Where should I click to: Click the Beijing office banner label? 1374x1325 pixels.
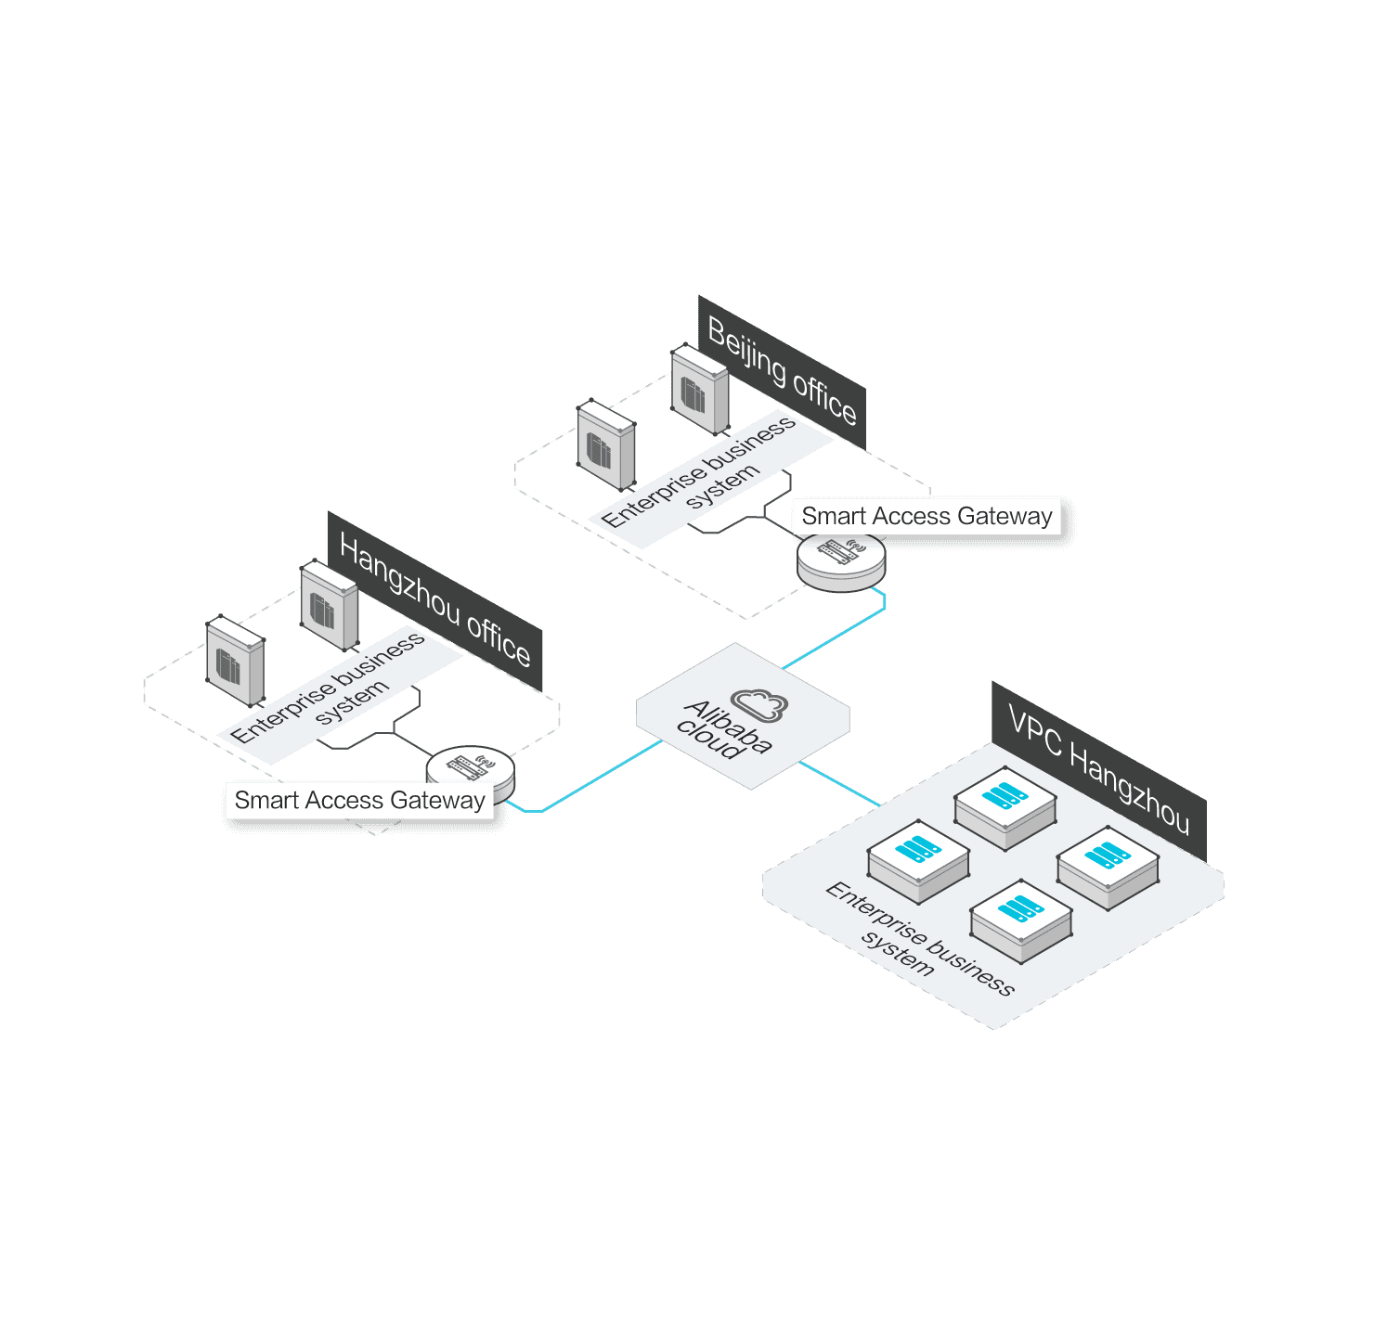(782, 372)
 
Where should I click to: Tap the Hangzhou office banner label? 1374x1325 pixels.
(434, 600)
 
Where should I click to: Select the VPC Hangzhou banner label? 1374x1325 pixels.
(1098, 770)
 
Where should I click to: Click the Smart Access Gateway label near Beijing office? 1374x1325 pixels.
(927, 516)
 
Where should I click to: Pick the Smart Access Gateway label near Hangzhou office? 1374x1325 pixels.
(359, 800)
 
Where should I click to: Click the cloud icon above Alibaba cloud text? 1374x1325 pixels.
(759, 704)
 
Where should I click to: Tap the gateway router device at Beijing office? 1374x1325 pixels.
(841, 561)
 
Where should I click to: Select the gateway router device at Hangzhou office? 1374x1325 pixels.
(472, 771)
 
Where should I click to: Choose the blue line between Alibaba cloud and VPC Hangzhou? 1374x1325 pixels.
(839, 783)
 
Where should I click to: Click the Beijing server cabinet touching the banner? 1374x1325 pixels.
(699, 389)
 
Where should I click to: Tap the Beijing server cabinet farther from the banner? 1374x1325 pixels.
(606, 444)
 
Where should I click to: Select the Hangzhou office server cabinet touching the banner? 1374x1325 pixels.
(329, 605)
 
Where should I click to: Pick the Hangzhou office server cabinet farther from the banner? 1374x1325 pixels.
(235, 661)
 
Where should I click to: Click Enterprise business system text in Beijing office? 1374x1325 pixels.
(699, 471)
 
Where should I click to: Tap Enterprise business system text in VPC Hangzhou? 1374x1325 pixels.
(919, 938)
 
